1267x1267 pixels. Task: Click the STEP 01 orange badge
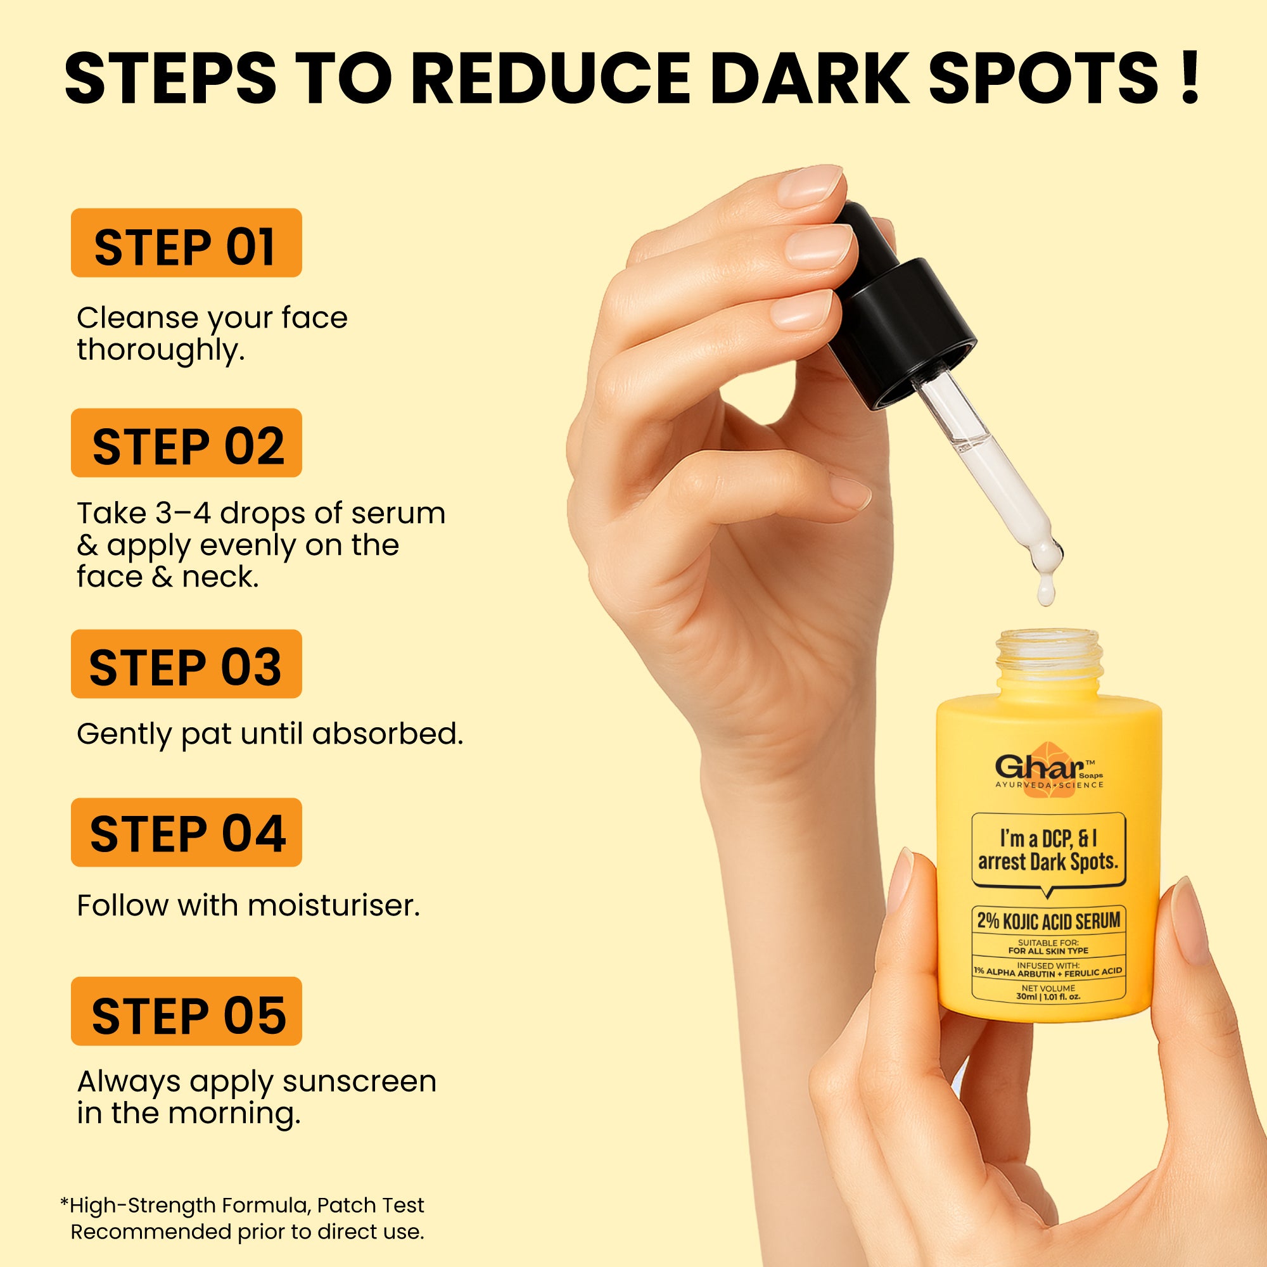186,243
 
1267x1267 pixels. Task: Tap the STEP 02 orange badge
186,443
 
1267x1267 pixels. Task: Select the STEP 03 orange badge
186,664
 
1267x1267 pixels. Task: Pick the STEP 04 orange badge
186,832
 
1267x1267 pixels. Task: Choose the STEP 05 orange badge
186,1011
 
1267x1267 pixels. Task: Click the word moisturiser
334,906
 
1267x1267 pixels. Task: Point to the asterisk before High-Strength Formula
64,1202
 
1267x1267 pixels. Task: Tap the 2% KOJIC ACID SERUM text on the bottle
1048,920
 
